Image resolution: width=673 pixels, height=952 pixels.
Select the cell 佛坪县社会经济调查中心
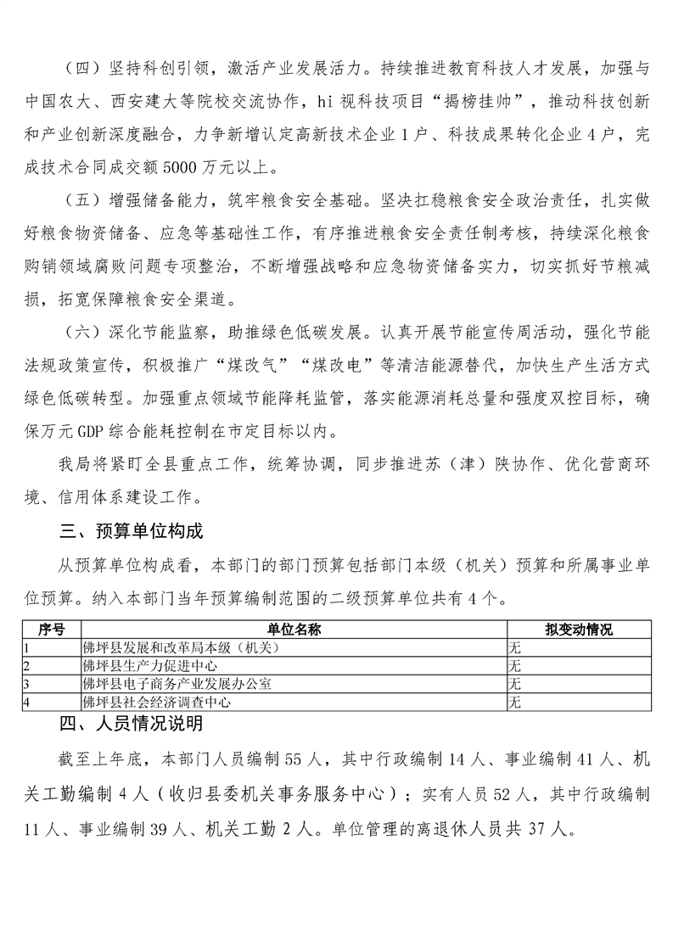(x=155, y=702)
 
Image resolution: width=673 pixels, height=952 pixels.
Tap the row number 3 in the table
(x=28, y=683)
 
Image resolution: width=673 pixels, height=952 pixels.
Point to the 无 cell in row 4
(x=513, y=702)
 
